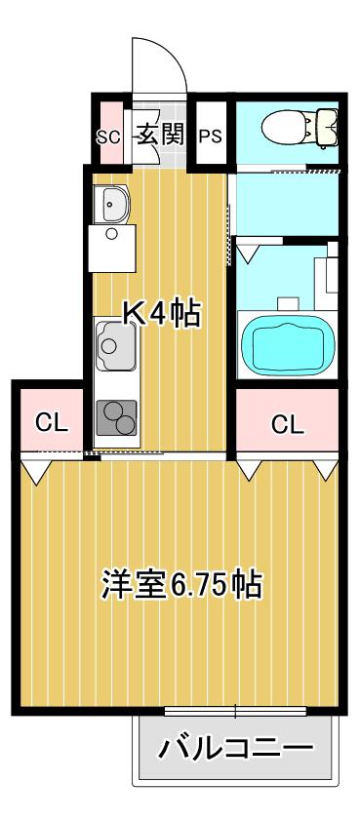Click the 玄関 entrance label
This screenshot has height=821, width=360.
[161, 136]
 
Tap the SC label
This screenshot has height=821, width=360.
[108, 137]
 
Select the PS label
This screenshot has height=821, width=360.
[210, 137]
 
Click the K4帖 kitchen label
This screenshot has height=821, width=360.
[161, 314]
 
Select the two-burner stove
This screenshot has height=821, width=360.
[117, 417]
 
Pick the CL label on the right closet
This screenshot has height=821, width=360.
[287, 423]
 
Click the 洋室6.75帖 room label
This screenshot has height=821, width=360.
[181, 584]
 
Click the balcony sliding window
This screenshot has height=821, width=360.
[235, 711]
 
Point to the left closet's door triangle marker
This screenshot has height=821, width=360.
[36, 471]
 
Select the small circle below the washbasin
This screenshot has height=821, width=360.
[111, 233]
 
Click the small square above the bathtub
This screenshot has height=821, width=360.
[288, 303]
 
